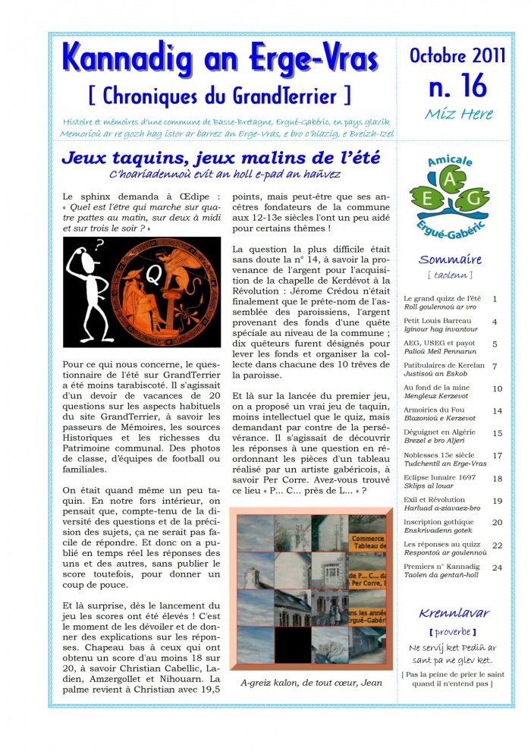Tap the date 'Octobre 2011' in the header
coord(457,55)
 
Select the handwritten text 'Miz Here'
coord(458,115)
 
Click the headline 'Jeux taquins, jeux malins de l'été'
coord(221,159)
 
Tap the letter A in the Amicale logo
coord(449,178)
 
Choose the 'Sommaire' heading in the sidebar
coord(450,259)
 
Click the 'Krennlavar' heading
coord(454,613)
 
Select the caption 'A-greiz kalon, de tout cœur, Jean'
coord(311,682)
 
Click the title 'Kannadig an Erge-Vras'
coord(225,58)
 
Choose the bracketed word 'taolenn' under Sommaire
coord(450,275)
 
